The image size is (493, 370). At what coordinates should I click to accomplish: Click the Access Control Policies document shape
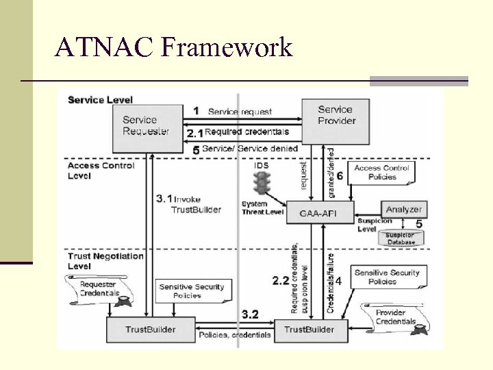381,173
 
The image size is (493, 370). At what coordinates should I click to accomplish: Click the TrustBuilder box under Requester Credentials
150,330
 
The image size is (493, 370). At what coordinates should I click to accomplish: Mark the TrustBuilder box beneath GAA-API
309,330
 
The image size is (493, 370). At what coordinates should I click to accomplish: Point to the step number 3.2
250,314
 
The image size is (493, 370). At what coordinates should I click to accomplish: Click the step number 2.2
281,280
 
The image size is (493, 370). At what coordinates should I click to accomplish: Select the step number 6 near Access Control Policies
340,175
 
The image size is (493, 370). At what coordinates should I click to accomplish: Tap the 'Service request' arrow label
240,112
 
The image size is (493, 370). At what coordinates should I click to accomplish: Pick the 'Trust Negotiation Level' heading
105,261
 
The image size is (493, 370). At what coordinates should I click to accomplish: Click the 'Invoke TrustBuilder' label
196,204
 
